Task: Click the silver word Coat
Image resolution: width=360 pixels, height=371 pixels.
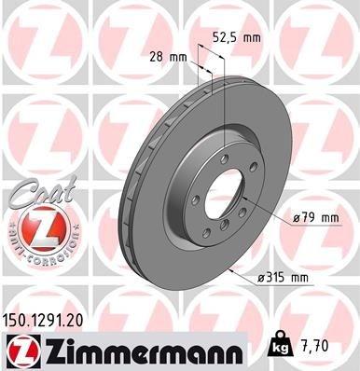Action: [x=32, y=191]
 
